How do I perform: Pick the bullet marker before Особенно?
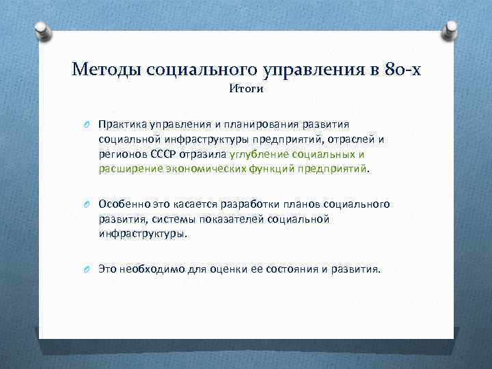tap(87, 205)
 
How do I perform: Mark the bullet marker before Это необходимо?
tap(87, 269)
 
